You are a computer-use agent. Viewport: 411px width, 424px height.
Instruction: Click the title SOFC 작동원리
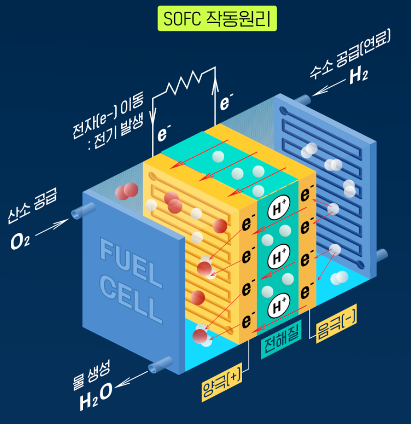coord(217,18)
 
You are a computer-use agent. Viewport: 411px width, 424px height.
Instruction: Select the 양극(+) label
coord(221,384)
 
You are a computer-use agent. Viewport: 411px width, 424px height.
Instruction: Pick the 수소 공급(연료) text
coord(350,53)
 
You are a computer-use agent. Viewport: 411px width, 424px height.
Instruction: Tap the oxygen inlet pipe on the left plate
coord(78,214)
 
